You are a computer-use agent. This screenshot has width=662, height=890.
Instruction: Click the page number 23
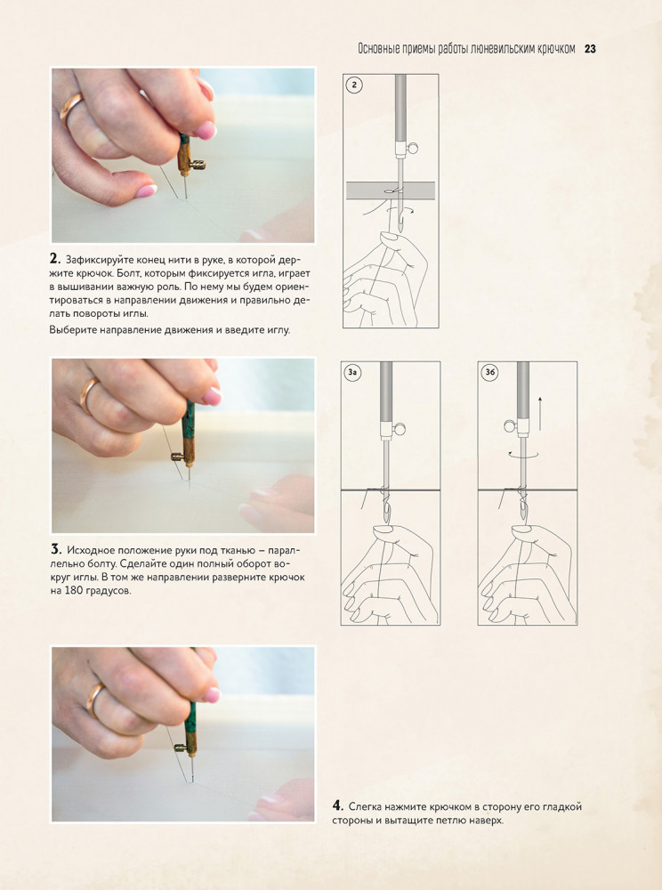[590, 49]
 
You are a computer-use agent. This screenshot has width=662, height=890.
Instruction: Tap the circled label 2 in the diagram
[354, 85]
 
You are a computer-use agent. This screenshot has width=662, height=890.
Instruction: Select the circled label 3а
[353, 372]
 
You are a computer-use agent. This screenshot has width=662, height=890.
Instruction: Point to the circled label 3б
[489, 372]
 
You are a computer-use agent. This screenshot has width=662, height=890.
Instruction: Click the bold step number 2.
[54, 259]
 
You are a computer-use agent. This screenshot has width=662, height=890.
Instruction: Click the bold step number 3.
[55, 549]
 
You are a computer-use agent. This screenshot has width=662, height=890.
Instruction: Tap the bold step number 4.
[337, 806]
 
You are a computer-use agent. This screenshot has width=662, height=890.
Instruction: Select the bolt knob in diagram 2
[414, 149]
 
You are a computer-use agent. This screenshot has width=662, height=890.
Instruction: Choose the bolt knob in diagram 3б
[510, 425]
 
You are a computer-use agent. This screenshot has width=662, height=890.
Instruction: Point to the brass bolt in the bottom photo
[182, 748]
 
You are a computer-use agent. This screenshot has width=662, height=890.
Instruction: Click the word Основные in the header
[378, 49]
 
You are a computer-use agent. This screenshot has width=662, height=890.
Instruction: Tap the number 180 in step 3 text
[75, 590]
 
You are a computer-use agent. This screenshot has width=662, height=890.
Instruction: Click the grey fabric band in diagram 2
[391, 190]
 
